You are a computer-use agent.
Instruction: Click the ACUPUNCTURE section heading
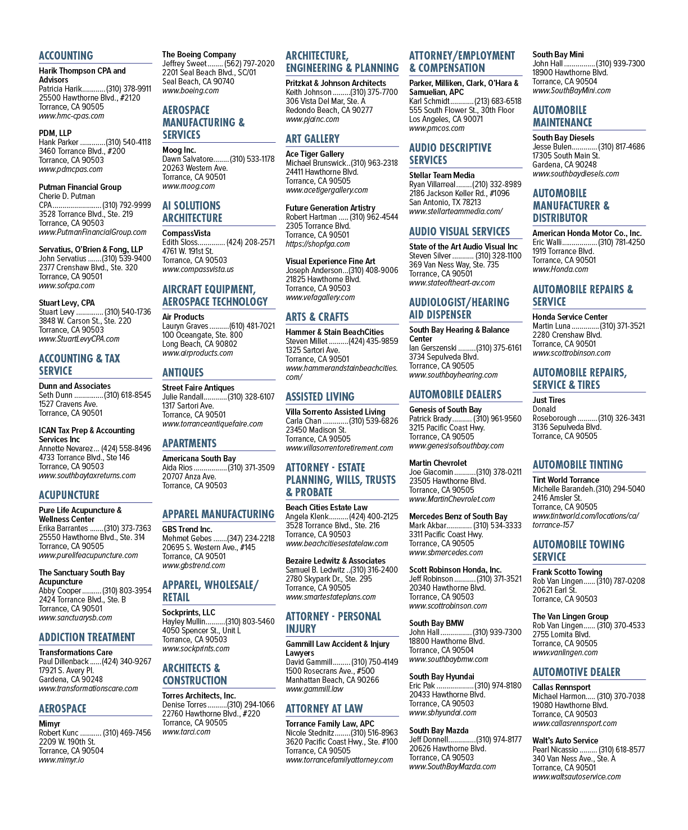(x=69, y=495)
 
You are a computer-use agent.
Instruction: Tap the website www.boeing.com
(x=190, y=90)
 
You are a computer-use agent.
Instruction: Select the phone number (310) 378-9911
(x=129, y=89)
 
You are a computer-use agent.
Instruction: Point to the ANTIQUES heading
(x=183, y=373)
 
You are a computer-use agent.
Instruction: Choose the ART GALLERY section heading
(x=313, y=139)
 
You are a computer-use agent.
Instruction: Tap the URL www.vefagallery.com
(x=320, y=297)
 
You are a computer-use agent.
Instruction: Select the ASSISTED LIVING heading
(x=320, y=397)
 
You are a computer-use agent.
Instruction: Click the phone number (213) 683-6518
(x=497, y=101)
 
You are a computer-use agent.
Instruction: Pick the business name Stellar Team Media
(x=442, y=175)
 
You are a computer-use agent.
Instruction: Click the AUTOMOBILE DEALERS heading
(x=455, y=394)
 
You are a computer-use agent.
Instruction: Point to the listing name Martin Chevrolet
(x=438, y=462)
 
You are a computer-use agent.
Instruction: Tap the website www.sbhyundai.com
(x=442, y=713)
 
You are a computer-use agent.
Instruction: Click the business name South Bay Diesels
(x=563, y=138)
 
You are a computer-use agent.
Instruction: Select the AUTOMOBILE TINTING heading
(x=577, y=465)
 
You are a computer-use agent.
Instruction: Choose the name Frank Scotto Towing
(x=567, y=572)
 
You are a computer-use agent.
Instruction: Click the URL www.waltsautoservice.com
(x=576, y=777)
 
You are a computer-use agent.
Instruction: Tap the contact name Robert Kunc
(x=58, y=733)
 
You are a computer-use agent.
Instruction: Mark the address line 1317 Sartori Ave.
(x=188, y=406)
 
